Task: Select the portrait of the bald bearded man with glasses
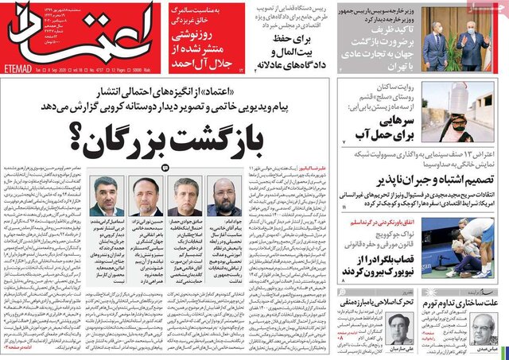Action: [223, 197]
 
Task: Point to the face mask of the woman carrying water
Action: [458, 126]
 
